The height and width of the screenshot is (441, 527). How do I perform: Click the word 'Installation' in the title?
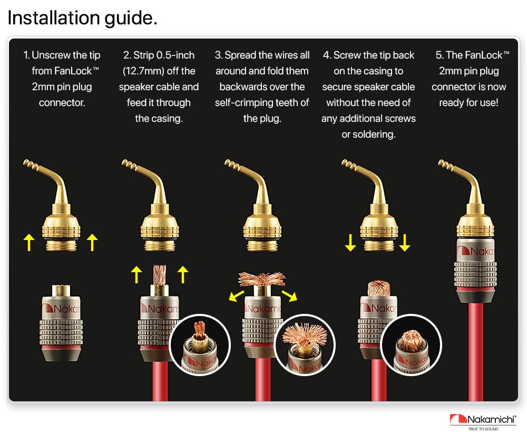(x=54, y=17)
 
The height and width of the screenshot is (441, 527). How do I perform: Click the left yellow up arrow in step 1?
(x=29, y=243)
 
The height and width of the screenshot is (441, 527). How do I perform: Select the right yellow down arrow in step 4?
(x=404, y=243)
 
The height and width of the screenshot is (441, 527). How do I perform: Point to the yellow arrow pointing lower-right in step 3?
(x=289, y=296)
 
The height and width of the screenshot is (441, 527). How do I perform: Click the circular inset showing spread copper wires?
(x=305, y=344)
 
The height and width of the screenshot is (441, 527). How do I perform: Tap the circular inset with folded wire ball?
(x=412, y=344)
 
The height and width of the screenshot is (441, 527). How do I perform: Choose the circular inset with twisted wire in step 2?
(x=200, y=344)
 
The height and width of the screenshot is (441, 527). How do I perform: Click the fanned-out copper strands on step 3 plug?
(x=262, y=279)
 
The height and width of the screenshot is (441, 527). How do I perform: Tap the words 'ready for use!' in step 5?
(x=469, y=102)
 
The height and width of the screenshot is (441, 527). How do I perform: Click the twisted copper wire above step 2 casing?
(x=160, y=274)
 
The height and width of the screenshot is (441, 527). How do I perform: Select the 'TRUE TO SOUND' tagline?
(x=483, y=429)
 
